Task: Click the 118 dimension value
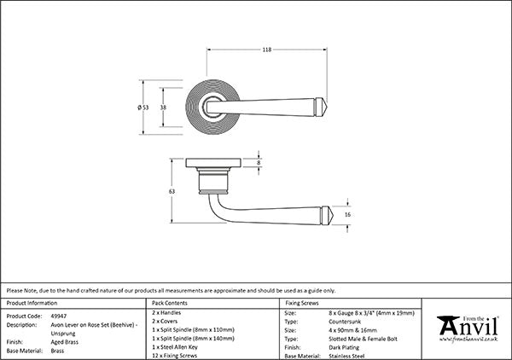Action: tap(267, 49)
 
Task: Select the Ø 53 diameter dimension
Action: tap(143, 107)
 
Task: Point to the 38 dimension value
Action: tap(163, 107)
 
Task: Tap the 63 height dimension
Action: tap(172, 191)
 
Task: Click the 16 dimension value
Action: tap(347, 214)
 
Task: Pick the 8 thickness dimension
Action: tap(259, 163)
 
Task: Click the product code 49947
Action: tap(59, 316)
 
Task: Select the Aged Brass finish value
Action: tap(65, 342)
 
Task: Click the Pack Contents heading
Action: tap(170, 303)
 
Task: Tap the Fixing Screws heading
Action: tap(302, 303)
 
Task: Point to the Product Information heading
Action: tap(32, 303)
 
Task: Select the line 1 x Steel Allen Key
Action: tap(175, 347)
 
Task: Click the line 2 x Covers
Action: tap(165, 321)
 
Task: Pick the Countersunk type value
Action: tap(345, 322)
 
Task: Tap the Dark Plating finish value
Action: tap(344, 347)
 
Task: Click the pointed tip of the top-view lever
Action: tap(327, 107)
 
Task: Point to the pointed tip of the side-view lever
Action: tap(333, 215)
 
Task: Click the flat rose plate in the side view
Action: tap(213, 163)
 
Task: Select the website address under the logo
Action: tap(468, 340)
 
